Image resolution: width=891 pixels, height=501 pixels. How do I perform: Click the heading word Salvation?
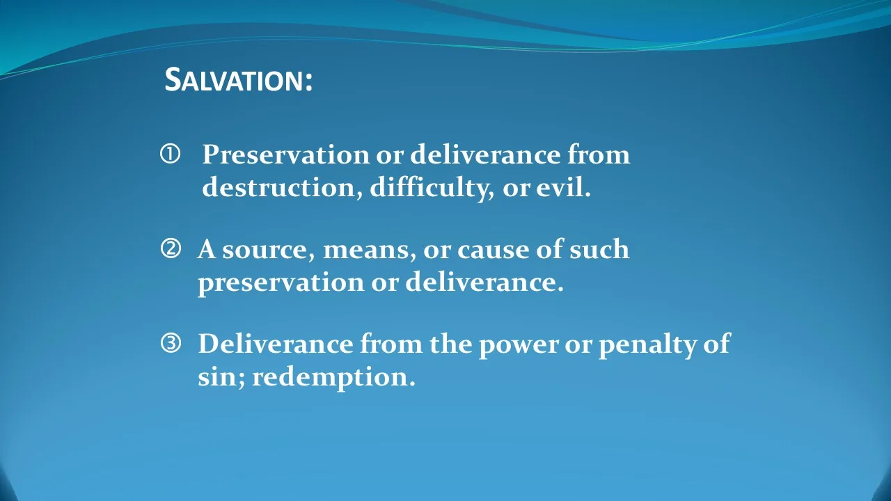[x=238, y=80]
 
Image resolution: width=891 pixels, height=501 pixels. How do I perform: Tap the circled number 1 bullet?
[x=170, y=154]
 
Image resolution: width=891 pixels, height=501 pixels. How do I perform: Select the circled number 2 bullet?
[x=171, y=248]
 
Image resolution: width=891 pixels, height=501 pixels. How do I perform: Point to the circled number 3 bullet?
[x=171, y=342]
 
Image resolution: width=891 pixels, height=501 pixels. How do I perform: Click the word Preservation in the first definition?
[x=285, y=154]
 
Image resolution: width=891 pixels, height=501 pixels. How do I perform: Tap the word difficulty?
[x=427, y=188]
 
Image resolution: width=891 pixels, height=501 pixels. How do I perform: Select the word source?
[x=267, y=250]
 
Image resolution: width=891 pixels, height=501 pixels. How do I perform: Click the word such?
[x=599, y=249]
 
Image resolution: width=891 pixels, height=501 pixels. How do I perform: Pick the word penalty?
[x=645, y=344]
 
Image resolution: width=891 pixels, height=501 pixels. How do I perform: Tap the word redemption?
[x=333, y=378]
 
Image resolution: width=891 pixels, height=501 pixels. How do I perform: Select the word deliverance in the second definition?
[x=483, y=283]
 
